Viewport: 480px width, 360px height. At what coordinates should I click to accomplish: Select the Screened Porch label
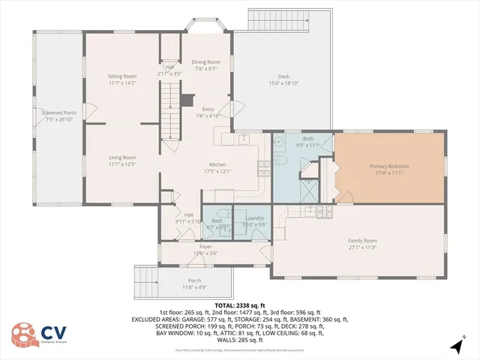pos(58,112)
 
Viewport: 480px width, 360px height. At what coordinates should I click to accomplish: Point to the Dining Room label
pos(205,61)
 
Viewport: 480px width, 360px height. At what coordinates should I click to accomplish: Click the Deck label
pos(283,76)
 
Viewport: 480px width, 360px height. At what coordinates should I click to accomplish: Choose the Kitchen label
pos(217,165)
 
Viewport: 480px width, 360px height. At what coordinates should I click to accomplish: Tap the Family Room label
pos(362,241)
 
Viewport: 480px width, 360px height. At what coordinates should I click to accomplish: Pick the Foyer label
pos(205,247)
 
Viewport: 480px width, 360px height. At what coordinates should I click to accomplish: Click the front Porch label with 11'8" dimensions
pos(194,280)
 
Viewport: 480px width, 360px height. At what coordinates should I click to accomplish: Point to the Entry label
pos(208,109)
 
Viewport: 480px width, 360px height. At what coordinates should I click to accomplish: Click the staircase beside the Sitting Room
pos(172,112)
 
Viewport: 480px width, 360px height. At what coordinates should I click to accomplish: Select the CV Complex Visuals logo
pos(37,334)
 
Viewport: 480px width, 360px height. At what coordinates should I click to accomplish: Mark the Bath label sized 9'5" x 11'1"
pos(308,139)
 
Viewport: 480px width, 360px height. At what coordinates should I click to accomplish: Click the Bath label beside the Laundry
pos(217,220)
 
